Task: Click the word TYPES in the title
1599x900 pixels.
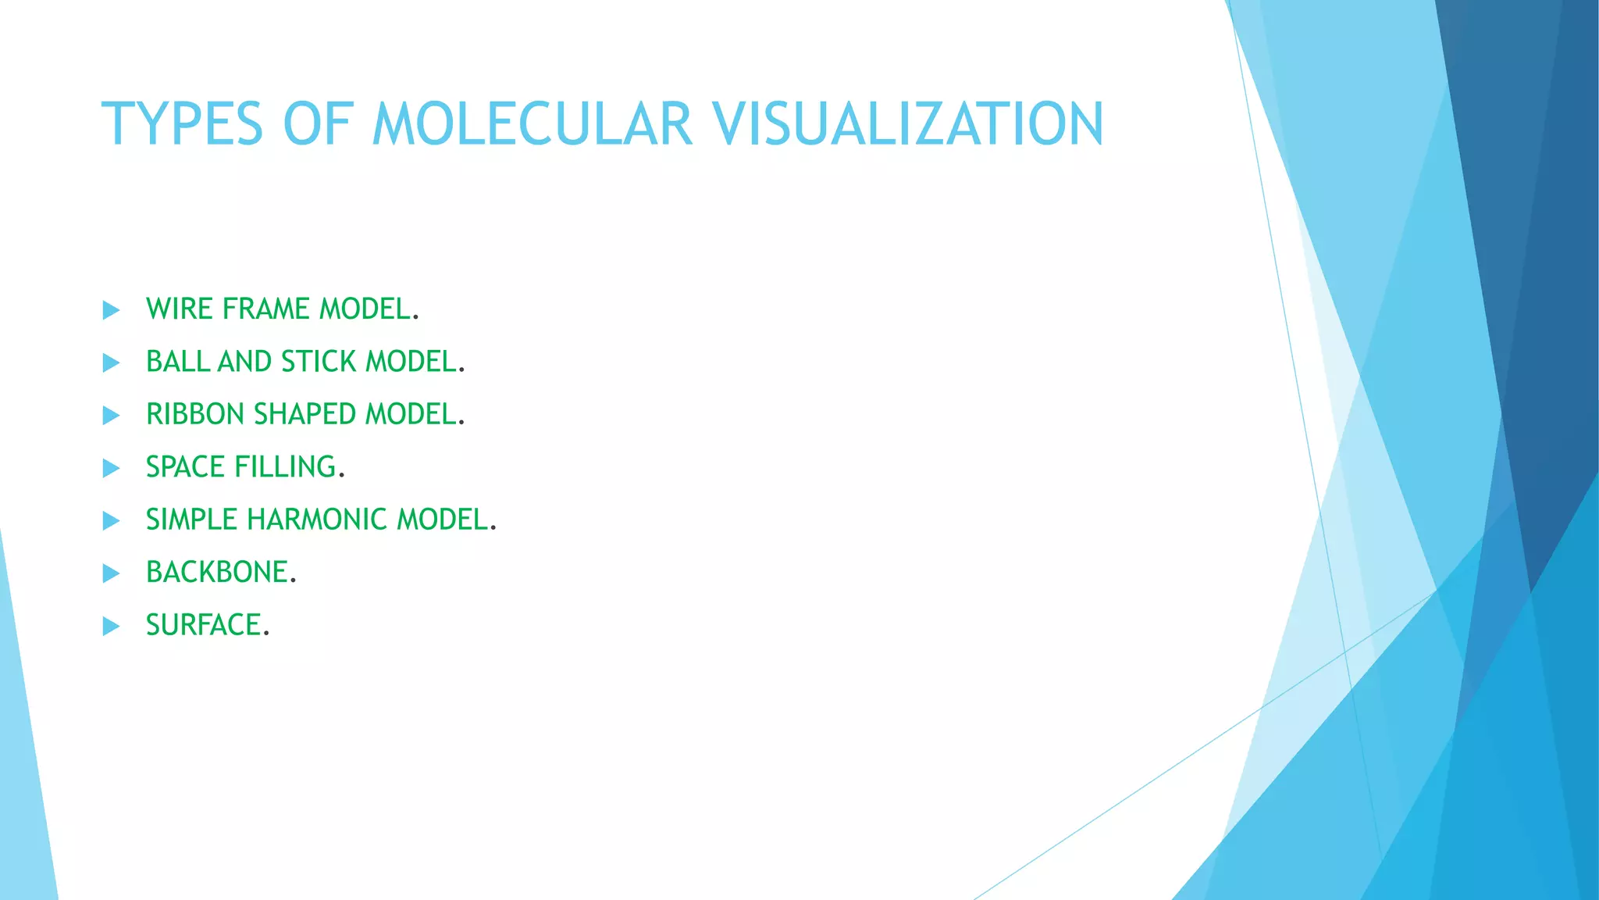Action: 183,124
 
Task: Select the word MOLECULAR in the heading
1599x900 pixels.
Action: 532,124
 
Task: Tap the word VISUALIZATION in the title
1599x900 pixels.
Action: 907,124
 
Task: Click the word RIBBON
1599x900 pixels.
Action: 196,414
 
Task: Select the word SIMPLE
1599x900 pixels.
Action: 191,520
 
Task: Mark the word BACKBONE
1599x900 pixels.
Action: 217,573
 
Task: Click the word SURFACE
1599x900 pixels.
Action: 203,625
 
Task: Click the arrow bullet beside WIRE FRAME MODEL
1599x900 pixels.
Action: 112,310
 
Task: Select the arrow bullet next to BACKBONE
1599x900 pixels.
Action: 112,573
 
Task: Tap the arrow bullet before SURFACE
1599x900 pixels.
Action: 112,626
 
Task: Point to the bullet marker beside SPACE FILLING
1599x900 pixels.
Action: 112,468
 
